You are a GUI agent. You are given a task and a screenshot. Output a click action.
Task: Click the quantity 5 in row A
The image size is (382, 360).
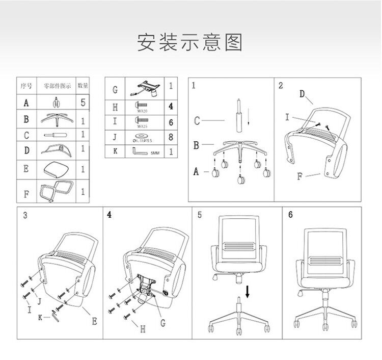pos(83,102)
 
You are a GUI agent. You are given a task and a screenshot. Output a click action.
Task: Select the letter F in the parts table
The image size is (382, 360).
pos(26,194)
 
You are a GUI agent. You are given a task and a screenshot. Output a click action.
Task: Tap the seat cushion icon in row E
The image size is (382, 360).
pos(57,167)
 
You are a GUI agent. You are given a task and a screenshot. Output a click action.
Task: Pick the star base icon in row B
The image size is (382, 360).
pos(57,120)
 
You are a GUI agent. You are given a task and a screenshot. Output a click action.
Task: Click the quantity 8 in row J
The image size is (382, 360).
pos(171,137)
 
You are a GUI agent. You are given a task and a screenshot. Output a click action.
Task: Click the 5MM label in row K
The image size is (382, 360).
pos(155,153)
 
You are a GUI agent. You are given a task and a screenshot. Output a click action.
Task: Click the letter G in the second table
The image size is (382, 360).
pos(115,90)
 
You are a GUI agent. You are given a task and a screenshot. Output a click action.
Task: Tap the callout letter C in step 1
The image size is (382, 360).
pos(197,121)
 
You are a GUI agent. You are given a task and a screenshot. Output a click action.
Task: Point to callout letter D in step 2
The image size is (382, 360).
pos(302,94)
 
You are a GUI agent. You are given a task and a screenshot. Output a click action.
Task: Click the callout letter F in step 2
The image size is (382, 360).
pos(300,177)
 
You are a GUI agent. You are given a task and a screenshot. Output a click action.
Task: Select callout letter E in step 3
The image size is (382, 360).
pos(94,321)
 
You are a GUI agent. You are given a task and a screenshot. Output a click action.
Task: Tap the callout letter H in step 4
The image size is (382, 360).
pos(143,329)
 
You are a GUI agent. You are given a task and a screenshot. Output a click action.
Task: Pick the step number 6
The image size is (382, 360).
pos(291,215)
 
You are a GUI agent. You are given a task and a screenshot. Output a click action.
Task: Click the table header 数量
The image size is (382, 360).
pos(83,86)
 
